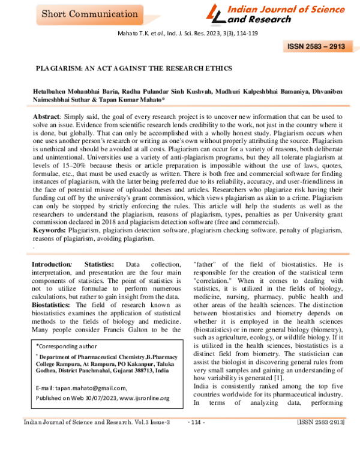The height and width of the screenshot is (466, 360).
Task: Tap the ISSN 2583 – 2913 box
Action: [316, 46]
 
